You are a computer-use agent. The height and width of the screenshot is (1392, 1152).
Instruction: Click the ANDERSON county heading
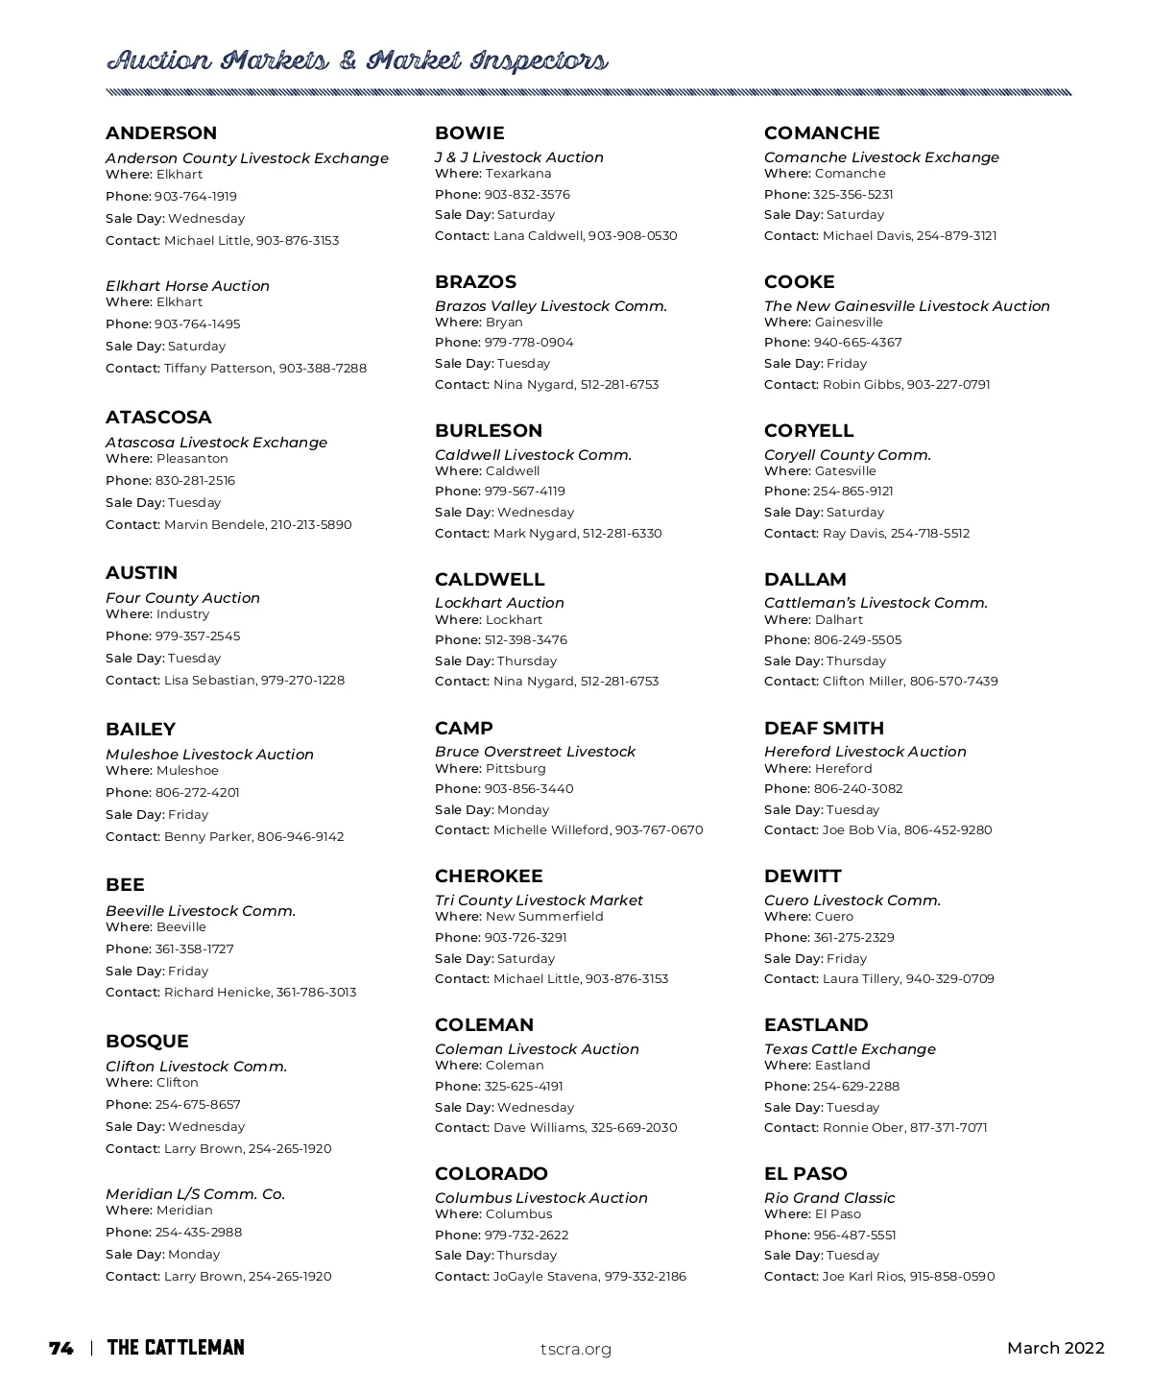click(x=161, y=133)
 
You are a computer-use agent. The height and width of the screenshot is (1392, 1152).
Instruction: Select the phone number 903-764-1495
click(x=198, y=324)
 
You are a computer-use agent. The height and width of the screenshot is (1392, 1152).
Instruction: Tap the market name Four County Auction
click(x=182, y=598)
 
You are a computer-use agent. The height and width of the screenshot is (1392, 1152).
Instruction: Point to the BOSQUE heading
click(x=147, y=1042)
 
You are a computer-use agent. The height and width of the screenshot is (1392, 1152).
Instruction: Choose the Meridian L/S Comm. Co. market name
click(x=195, y=1194)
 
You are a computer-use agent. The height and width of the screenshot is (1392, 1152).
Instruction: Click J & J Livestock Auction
click(x=519, y=157)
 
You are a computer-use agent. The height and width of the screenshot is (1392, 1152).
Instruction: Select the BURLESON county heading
click(x=489, y=431)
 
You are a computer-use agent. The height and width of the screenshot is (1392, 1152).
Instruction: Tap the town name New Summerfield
click(x=544, y=917)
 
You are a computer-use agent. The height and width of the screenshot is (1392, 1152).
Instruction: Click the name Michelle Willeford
click(x=551, y=830)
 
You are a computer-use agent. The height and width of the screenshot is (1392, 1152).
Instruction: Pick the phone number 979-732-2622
click(x=526, y=1236)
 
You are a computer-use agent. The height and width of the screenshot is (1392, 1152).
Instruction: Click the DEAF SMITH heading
click(x=824, y=729)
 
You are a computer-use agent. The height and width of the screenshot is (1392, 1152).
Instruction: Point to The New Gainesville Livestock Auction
click(x=907, y=306)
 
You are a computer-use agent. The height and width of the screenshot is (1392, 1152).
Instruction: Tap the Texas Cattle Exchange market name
click(x=850, y=1049)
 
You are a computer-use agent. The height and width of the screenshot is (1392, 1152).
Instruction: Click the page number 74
click(x=60, y=1349)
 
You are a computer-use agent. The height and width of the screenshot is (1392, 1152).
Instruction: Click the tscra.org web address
click(x=576, y=1350)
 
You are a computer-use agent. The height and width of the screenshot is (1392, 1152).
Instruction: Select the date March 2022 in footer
click(x=1055, y=1349)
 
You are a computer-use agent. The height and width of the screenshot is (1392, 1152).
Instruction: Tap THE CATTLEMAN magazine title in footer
click(x=176, y=1349)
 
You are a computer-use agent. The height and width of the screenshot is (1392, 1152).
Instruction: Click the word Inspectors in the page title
click(x=539, y=62)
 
